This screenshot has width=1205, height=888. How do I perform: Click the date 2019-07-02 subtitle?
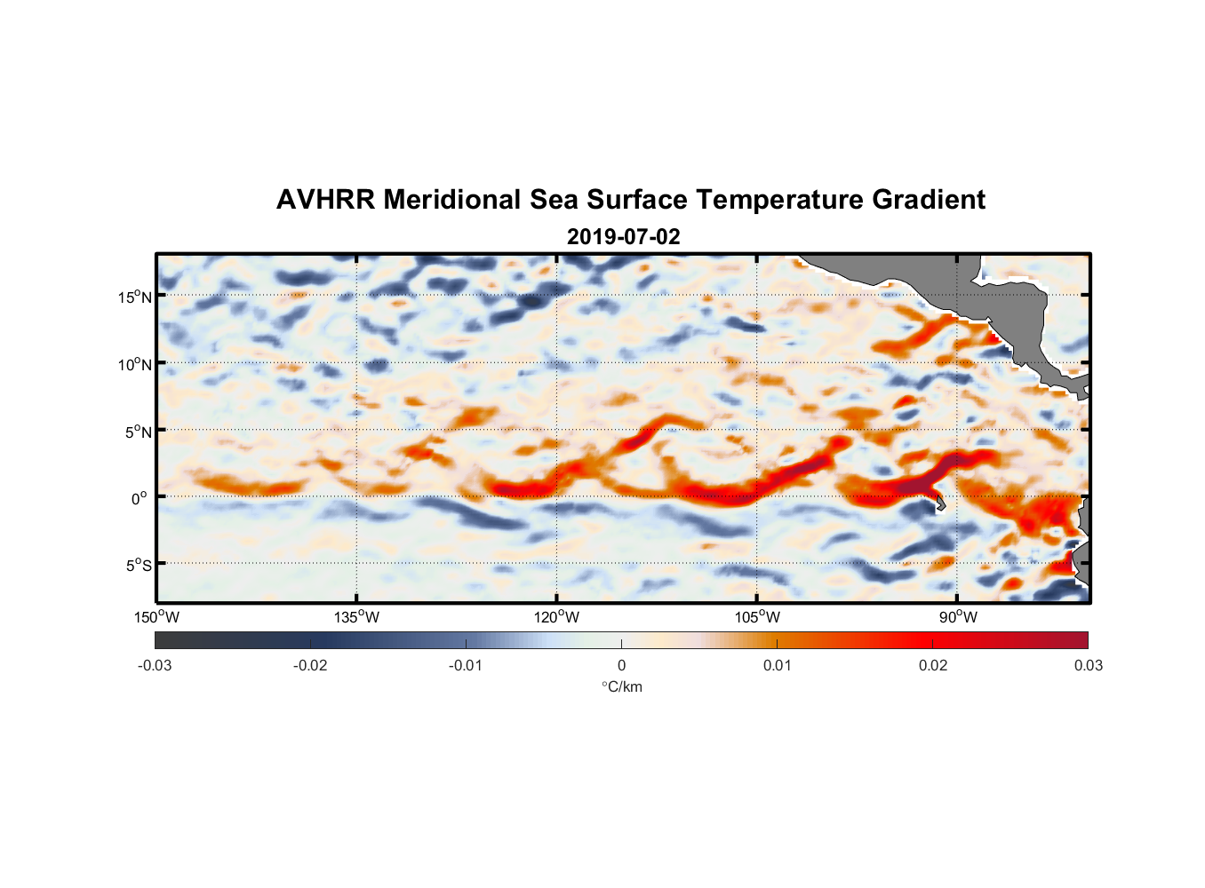pos(623,237)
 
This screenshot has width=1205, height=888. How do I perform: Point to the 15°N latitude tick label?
pos(135,297)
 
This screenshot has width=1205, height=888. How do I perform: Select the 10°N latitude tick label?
pos(135,364)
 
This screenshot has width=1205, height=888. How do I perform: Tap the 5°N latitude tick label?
pos(138,432)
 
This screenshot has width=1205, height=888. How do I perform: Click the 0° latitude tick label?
pos(140,498)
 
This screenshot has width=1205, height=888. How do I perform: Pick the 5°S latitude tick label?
pos(138,565)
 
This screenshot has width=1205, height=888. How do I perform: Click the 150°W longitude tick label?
pos(156,617)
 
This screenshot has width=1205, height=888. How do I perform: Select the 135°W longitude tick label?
pos(356,617)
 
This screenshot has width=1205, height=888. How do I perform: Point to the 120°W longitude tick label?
pos(556,617)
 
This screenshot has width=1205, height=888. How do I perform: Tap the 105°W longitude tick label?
pos(757,617)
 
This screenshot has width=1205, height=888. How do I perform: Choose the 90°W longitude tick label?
pos(957,617)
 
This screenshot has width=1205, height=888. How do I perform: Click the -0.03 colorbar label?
pos(155,665)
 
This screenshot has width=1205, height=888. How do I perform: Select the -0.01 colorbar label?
pos(466,665)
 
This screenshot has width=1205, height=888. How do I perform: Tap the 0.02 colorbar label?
pos(933,665)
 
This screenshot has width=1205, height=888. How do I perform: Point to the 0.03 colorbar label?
pos(1088,665)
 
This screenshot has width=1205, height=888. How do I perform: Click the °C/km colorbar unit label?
pos(621,686)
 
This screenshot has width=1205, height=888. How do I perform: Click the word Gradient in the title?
pos(929,200)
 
